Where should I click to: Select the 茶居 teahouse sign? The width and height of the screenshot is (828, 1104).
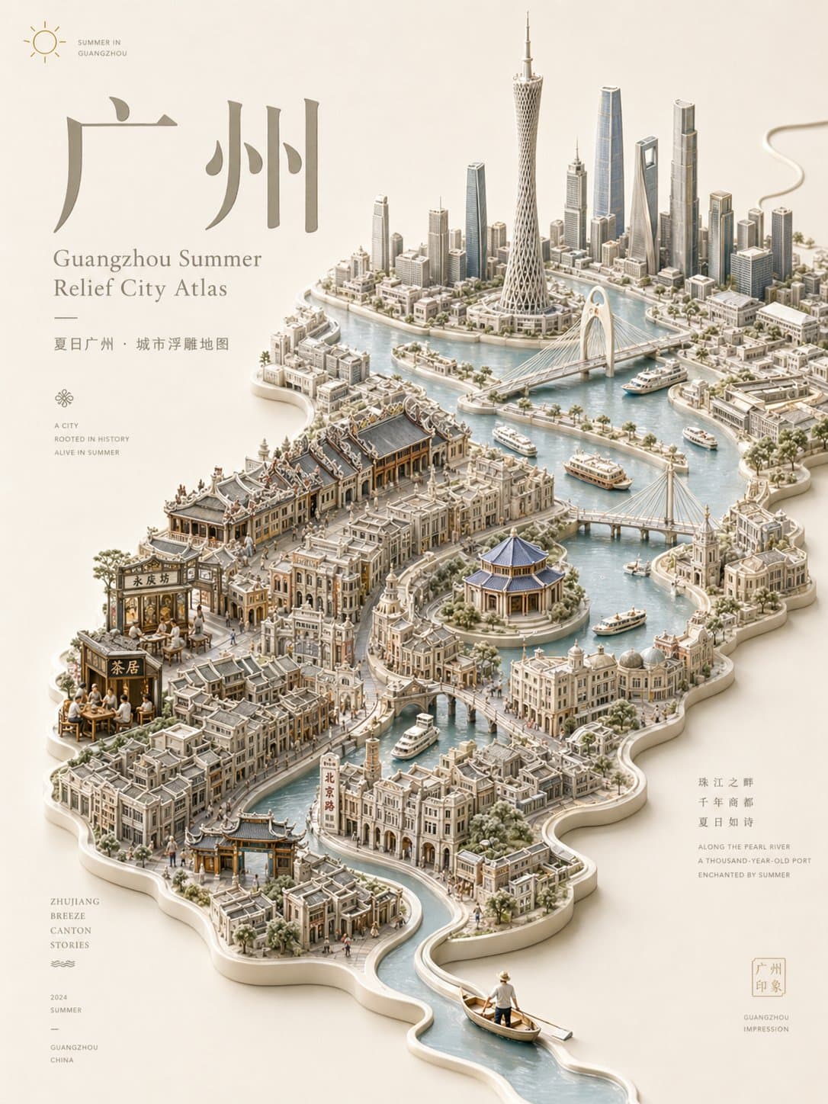click(x=124, y=668)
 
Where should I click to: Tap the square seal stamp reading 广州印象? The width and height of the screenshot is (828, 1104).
click(x=768, y=977)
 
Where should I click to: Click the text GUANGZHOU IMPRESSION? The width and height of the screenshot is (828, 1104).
click(x=765, y=1023)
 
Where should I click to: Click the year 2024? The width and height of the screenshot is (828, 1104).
click(x=59, y=996)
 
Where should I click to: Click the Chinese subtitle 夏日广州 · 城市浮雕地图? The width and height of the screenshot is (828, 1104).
click(x=141, y=344)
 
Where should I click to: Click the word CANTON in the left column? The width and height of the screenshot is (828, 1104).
click(x=71, y=930)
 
